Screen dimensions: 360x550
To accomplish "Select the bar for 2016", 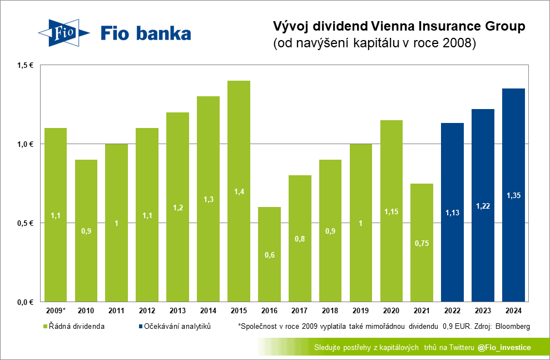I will (x=269, y=254).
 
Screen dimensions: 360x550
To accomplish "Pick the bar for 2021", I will (x=422, y=243).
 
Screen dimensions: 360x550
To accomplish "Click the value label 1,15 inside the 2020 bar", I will (x=391, y=211).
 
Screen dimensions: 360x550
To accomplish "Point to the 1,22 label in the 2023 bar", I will (x=483, y=206).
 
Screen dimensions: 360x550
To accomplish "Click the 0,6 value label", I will (x=269, y=255).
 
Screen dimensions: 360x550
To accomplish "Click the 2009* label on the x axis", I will (x=56, y=310).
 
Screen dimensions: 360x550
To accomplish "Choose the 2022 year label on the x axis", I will (x=452, y=310).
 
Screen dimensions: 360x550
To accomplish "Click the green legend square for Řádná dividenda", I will (x=45, y=326).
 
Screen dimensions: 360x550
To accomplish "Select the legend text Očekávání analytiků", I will (x=178, y=326).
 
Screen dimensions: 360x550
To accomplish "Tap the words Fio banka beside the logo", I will (x=146, y=33).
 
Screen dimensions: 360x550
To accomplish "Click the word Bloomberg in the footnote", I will (x=512, y=326).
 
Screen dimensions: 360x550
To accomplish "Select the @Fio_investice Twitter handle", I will (x=504, y=348).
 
